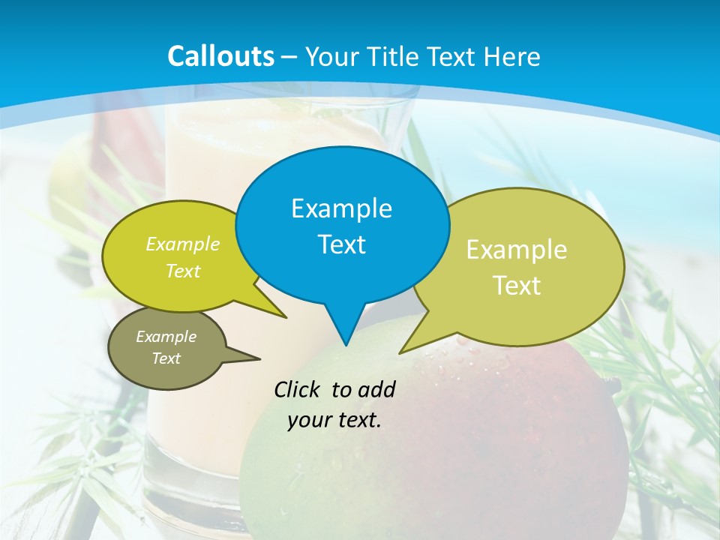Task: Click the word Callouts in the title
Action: coord(220,56)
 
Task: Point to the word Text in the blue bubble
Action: coord(341,244)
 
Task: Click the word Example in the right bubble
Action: coord(517,249)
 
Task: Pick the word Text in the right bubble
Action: coord(517,286)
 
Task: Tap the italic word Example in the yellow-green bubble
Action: coord(183,244)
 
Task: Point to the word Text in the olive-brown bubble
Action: coord(166,358)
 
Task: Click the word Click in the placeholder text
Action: coord(298,389)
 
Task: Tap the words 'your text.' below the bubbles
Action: coord(334,420)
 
